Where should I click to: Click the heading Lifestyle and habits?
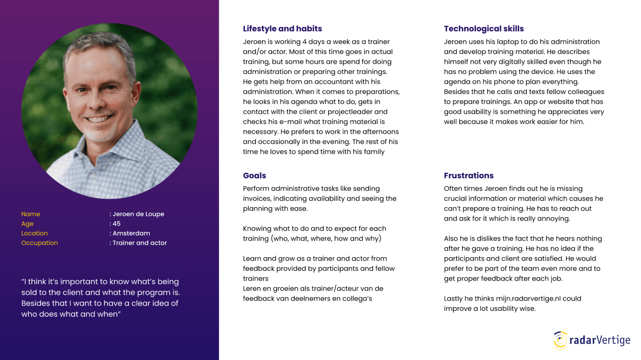282,29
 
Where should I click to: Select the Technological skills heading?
484,29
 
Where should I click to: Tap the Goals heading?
254,176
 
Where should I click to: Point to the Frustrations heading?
468,176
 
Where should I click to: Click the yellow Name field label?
31,214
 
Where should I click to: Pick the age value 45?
117,224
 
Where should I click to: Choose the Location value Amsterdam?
131,233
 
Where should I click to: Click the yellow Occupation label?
40,243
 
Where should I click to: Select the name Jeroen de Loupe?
138,214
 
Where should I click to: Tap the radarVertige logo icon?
560,340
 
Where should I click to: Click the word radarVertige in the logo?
600,340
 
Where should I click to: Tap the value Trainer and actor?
140,243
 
